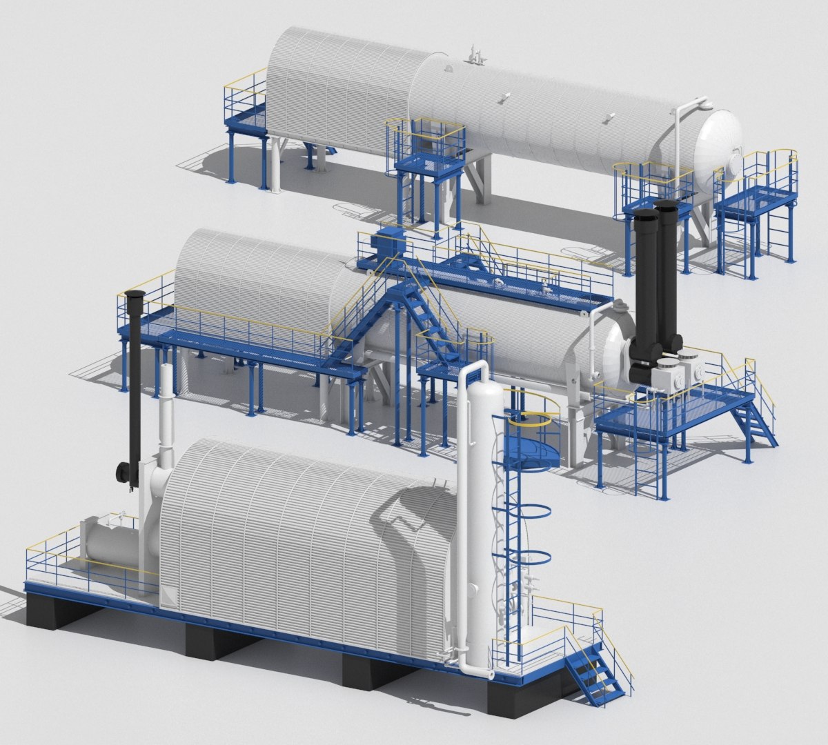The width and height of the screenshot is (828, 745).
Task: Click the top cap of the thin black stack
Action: point(135,295)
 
